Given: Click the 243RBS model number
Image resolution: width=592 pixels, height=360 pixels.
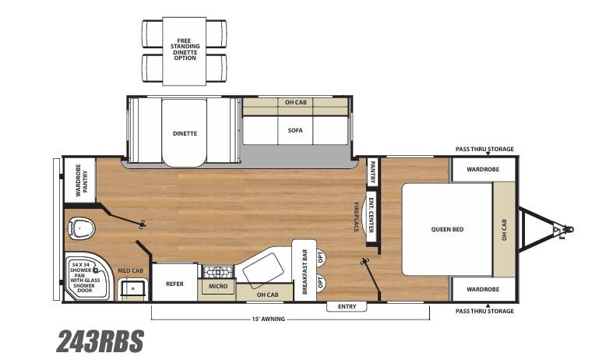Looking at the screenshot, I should [100, 341].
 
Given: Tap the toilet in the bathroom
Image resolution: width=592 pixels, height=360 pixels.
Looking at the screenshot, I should [81, 229].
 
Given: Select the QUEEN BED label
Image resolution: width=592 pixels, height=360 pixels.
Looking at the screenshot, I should [447, 229].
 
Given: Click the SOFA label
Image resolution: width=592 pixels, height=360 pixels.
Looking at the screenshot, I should [294, 130].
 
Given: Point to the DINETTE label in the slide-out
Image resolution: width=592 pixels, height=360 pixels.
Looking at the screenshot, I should [185, 133].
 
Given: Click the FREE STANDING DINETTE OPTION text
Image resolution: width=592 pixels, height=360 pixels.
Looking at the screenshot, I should [185, 48].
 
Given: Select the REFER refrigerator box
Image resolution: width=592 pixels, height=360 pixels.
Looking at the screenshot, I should [174, 284].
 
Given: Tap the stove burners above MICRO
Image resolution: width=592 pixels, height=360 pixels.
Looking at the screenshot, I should [217, 272].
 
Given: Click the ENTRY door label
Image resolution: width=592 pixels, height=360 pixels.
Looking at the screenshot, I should [347, 306].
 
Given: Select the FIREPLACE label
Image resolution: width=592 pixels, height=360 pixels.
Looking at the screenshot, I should [356, 216].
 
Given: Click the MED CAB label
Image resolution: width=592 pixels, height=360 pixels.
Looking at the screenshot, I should [130, 270].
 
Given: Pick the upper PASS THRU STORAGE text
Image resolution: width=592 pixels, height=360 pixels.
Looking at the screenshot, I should [485, 149].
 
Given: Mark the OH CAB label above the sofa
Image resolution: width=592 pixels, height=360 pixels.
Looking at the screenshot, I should [294, 103].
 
